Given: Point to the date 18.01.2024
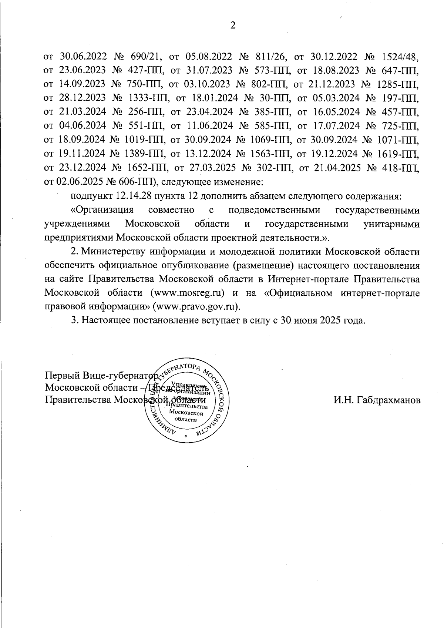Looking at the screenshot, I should click(213, 98).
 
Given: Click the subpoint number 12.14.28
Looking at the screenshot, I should click(133, 196).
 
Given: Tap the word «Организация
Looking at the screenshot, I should click(102, 210).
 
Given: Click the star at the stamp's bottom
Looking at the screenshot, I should click(186, 437).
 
